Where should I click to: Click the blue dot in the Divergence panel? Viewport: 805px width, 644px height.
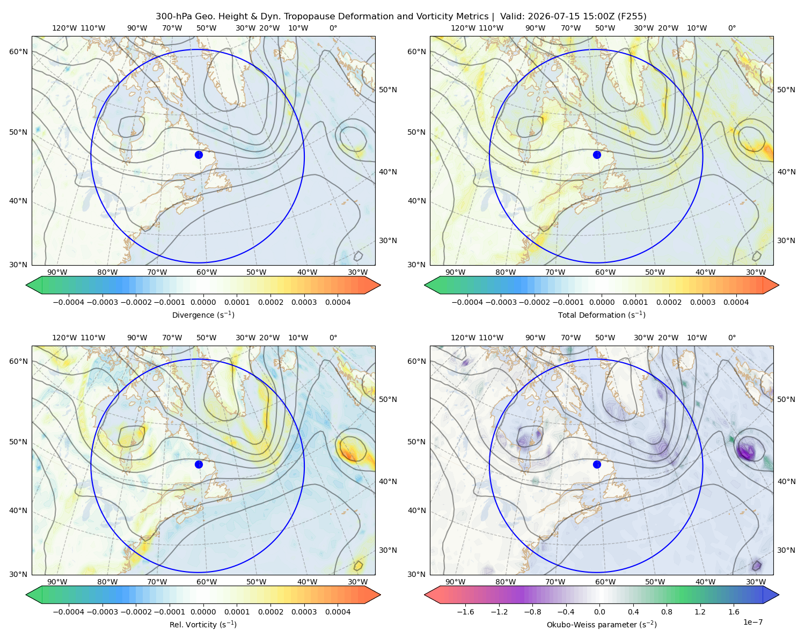tap(199, 155)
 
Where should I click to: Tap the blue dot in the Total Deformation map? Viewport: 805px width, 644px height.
tap(597, 155)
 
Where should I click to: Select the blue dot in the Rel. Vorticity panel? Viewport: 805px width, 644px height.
tap(199, 464)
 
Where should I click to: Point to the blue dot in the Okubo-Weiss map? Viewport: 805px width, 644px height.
tap(597, 464)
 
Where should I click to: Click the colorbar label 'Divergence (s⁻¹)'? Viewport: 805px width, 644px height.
tap(203, 314)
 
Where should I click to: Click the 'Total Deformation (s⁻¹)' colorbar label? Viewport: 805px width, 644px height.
tap(602, 314)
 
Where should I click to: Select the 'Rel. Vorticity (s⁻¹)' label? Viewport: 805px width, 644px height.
tap(203, 624)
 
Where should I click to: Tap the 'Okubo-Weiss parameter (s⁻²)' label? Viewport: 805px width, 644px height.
tap(602, 624)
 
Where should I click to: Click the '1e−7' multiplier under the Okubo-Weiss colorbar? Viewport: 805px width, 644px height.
tap(752, 622)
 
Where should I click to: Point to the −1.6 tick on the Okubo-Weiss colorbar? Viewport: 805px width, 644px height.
tap(465, 611)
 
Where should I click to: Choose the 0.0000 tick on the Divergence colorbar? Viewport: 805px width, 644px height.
tap(203, 302)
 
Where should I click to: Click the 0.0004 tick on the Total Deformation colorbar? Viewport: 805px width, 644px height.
tap(736, 302)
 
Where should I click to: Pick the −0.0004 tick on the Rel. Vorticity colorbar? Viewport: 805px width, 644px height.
tap(69, 611)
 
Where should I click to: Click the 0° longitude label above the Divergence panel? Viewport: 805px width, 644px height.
tap(333, 28)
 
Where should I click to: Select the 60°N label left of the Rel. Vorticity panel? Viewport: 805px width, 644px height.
tap(18, 361)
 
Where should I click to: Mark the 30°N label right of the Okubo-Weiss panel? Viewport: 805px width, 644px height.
tap(786, 550)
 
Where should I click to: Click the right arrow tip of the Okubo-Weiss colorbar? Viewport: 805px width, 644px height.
tap(779, 595)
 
